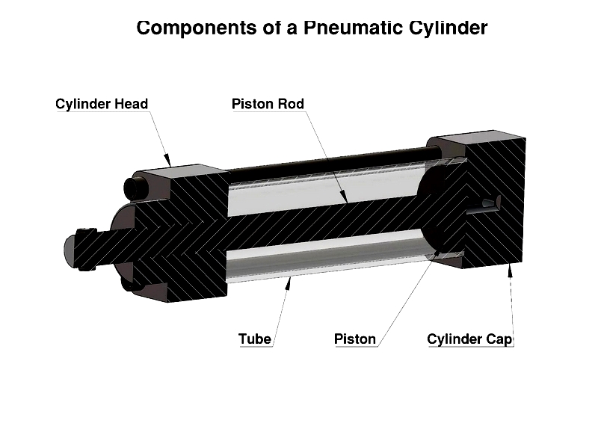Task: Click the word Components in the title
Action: (188, 28)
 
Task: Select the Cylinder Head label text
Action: (102, 104)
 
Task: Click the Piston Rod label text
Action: (268, 104)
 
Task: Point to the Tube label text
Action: (255, 339)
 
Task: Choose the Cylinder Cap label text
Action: (469, 339)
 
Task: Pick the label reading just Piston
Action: (355, 339)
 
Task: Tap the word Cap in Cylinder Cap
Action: (500, 339)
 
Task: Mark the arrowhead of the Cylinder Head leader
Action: (170, 161)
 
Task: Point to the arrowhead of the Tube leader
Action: (291, 277)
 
